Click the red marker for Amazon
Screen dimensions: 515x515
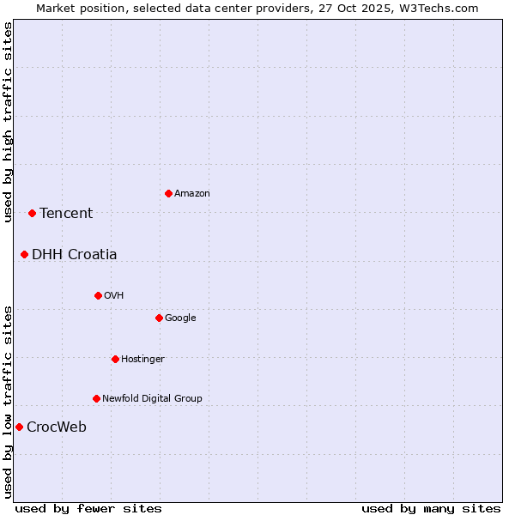click(x=168, y=193)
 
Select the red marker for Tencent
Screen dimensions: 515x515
click(x=32, y=213)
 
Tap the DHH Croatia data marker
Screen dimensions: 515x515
click(x=24, y=254)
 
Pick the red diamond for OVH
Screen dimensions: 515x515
click(x=98, y=295)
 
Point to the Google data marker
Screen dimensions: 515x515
click(x=159, y=318)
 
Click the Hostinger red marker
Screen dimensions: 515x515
click(x=115, y=359)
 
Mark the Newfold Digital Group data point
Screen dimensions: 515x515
click(x=96, y=398)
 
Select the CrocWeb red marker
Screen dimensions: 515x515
click(x=19, y=427)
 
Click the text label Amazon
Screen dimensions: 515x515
click(x=192, y=194)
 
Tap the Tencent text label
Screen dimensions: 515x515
click(x=66, y=214)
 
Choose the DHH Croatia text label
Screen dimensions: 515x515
click(x=75, y=255)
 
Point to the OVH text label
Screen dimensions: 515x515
click(x=114, y=296)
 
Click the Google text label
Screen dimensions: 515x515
click(x=180, y=318)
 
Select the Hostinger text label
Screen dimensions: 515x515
click(x=142, y=360)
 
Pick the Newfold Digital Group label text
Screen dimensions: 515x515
click(x=152, y=399)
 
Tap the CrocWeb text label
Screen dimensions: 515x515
click(x=57, y=427)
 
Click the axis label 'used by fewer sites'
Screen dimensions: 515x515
click(x=88, y=508)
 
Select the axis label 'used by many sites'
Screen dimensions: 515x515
click(x=431, y=508)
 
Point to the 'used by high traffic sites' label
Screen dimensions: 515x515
click(x=8, y=122)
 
